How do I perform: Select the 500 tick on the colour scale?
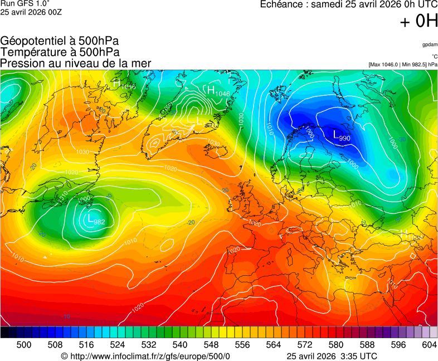point(24,345)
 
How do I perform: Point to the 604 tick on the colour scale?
point(429,345)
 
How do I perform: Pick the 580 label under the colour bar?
point(335,345)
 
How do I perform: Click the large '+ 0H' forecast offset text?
point(418,21)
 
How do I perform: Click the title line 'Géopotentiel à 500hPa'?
point(60,41)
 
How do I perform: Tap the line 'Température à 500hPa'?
point(60,52)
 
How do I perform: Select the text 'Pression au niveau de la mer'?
point(76,63)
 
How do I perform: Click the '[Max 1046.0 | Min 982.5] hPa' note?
point(403,65)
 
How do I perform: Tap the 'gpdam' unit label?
point(430,44)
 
